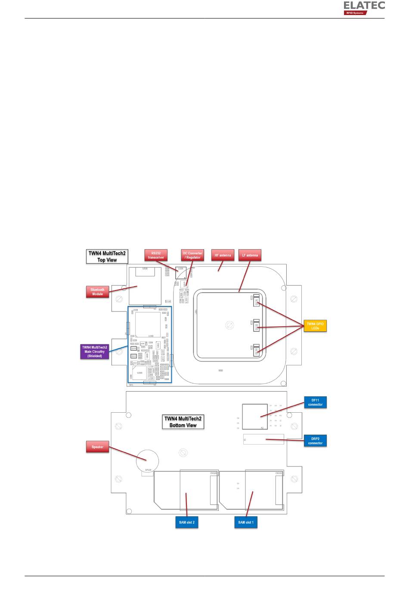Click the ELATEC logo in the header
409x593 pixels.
pyautogui.click(x=364, y=8)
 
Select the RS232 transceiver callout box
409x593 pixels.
pyautogui.click(x=156, y=255)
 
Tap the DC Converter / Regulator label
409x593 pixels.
pyautogui.click(x=192, y=255)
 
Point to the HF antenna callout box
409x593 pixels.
pyautogui.click(x=223, y=255)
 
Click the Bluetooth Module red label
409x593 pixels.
pyautogui.click(x=97, y=292)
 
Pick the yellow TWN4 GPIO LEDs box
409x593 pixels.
pyautogui.click(x=315, y=326)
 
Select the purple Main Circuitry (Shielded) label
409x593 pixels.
pyautogui.click(x=94, y=352)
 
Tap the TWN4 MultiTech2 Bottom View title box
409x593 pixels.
pyautogui.click(x=183, y=422)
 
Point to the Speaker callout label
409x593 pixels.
pyautogui.click(x=97, y=447)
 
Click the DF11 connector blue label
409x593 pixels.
pyautogui.click(x=315, y=402)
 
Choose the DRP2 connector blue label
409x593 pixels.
pyautogui.click(x=315, y=441)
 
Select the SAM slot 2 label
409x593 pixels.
pyautogui.click(x=187, y=522)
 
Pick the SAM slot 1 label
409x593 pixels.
pyautogui.click(x=246, y=522)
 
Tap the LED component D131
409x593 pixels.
pyautogui.click(x=256, y=301)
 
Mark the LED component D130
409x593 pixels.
pyautogui.click(x=256, y=350)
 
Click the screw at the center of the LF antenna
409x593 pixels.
pyautogui.click(x=230, y=325)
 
